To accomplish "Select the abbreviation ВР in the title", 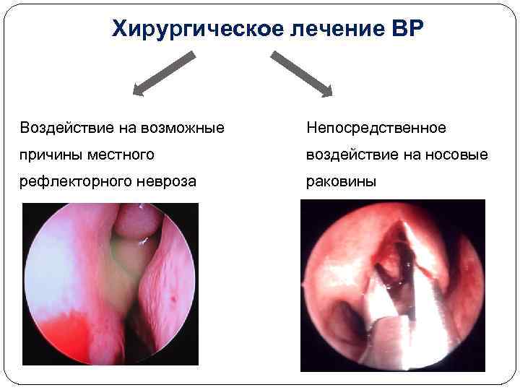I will (x=409, y=29).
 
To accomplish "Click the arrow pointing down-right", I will (x=302, y=73).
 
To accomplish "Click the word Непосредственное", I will (x=376, y=128).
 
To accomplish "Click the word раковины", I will (x=341, y=181).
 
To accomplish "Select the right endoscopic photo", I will (x=392, y=285).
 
